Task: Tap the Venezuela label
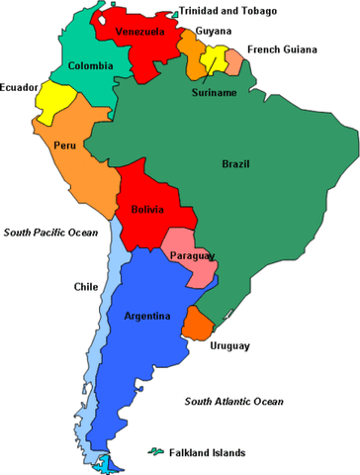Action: [x=138, y=32]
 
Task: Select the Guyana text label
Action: [x=214, y=31]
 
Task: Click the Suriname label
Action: [x=214, y=93]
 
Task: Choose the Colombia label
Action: [x=90, y=66]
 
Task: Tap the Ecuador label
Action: [x=21, y=87]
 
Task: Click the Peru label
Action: [x=64, y=145]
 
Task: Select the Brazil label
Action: [x=235, y=163]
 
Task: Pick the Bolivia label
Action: [x=146, y=210]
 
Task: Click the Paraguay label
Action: [x=192, y=256]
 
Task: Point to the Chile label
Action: [x=85, y=287]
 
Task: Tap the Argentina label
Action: [x=148, y=317]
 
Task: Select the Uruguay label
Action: [x=229, y=346]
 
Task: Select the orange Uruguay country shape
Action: [x=199, y=325]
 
